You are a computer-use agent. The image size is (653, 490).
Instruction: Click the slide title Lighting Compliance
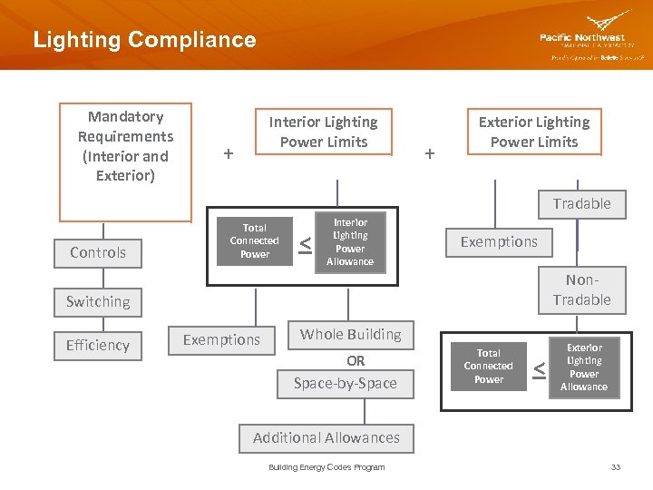(144, 40)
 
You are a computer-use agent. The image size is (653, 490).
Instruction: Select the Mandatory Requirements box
(125, 162)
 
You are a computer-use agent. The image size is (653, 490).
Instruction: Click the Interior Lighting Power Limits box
(324, 132)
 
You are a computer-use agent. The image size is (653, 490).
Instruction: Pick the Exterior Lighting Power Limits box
(533, 132)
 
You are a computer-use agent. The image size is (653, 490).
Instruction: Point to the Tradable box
(581, 203)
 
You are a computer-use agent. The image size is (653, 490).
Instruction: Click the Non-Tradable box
(581, 289)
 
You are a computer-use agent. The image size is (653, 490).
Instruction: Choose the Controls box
(98, 252)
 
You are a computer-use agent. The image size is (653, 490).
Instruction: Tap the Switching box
(98, 301)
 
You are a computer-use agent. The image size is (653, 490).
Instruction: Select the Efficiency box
(98, 345)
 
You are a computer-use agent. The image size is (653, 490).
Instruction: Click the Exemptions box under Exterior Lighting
(499, 241)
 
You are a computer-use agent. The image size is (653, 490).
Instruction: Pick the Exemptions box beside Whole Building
(221, 339)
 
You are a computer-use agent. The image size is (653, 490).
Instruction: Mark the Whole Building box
(350, 334)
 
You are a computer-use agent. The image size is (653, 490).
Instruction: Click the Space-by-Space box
(346, 383)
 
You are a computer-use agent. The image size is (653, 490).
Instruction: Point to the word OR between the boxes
(356, 360)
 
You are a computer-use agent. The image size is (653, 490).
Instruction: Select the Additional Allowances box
(326, 437)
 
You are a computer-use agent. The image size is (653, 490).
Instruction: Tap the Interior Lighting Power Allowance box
(350, 241)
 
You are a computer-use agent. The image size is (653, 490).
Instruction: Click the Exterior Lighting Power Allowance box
(584, 367)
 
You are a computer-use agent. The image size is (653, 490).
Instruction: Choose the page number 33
(616, 467)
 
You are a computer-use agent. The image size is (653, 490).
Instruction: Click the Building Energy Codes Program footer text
(326, 467)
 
